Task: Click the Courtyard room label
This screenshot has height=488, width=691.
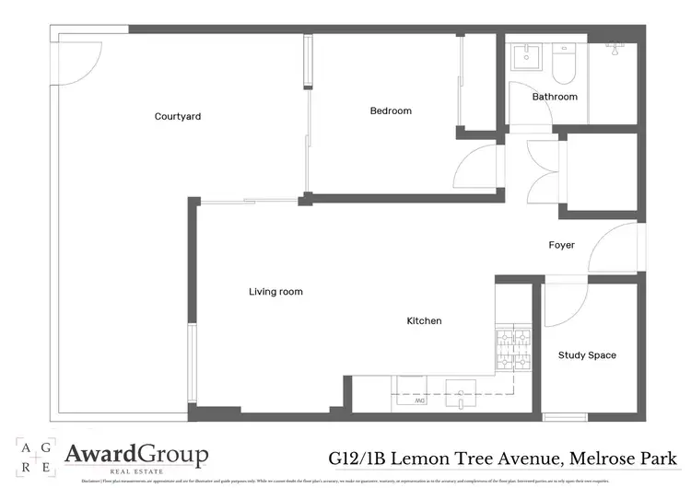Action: [178, 117]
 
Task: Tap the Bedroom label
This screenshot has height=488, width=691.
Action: [391, 110]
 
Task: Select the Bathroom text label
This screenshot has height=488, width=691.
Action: [555, 97]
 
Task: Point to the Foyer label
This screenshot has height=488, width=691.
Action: [561, 245]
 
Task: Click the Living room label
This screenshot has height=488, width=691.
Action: [275, 292]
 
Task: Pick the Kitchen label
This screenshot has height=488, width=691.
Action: [425, 321]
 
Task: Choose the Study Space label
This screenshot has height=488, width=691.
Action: [587, 355]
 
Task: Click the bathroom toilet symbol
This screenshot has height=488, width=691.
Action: [563, 63]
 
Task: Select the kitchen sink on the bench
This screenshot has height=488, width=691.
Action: [461, 390]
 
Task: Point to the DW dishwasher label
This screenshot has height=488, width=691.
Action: [419, 401]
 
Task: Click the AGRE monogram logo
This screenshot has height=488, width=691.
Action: [34, 455]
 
